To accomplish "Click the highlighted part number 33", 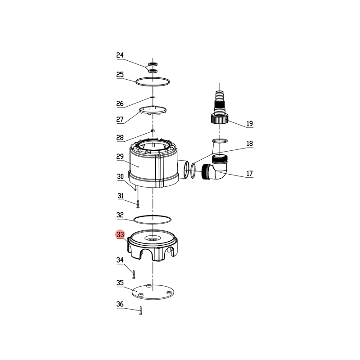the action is pos(120,234).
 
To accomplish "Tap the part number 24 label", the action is pos(120,55).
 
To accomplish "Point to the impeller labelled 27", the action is pos(153,110).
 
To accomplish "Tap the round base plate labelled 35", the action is pos(153,292).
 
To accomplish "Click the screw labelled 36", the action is pos(141,310).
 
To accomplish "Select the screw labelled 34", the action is pos(134,274).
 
